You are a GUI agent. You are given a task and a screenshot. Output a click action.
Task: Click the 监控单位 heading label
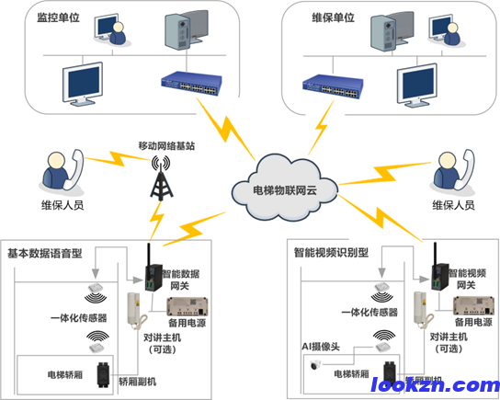(58, 17)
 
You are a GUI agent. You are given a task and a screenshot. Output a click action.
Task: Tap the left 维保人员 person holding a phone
(58, 173)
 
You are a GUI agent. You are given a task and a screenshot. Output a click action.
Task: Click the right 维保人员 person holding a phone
(444, 173)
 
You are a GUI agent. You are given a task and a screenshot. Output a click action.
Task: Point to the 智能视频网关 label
(477, 280)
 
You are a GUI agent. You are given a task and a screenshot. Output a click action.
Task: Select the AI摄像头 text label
(323, 348)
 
